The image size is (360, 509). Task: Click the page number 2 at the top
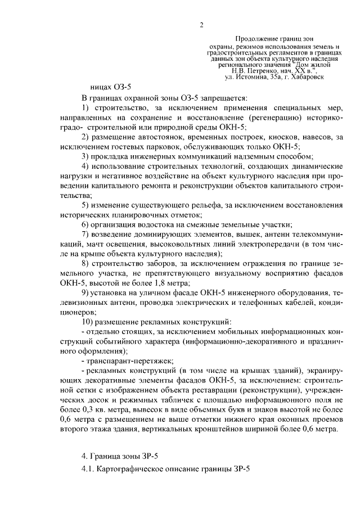[x=201, y=25]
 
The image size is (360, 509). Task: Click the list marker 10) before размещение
[x=88, y=322]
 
